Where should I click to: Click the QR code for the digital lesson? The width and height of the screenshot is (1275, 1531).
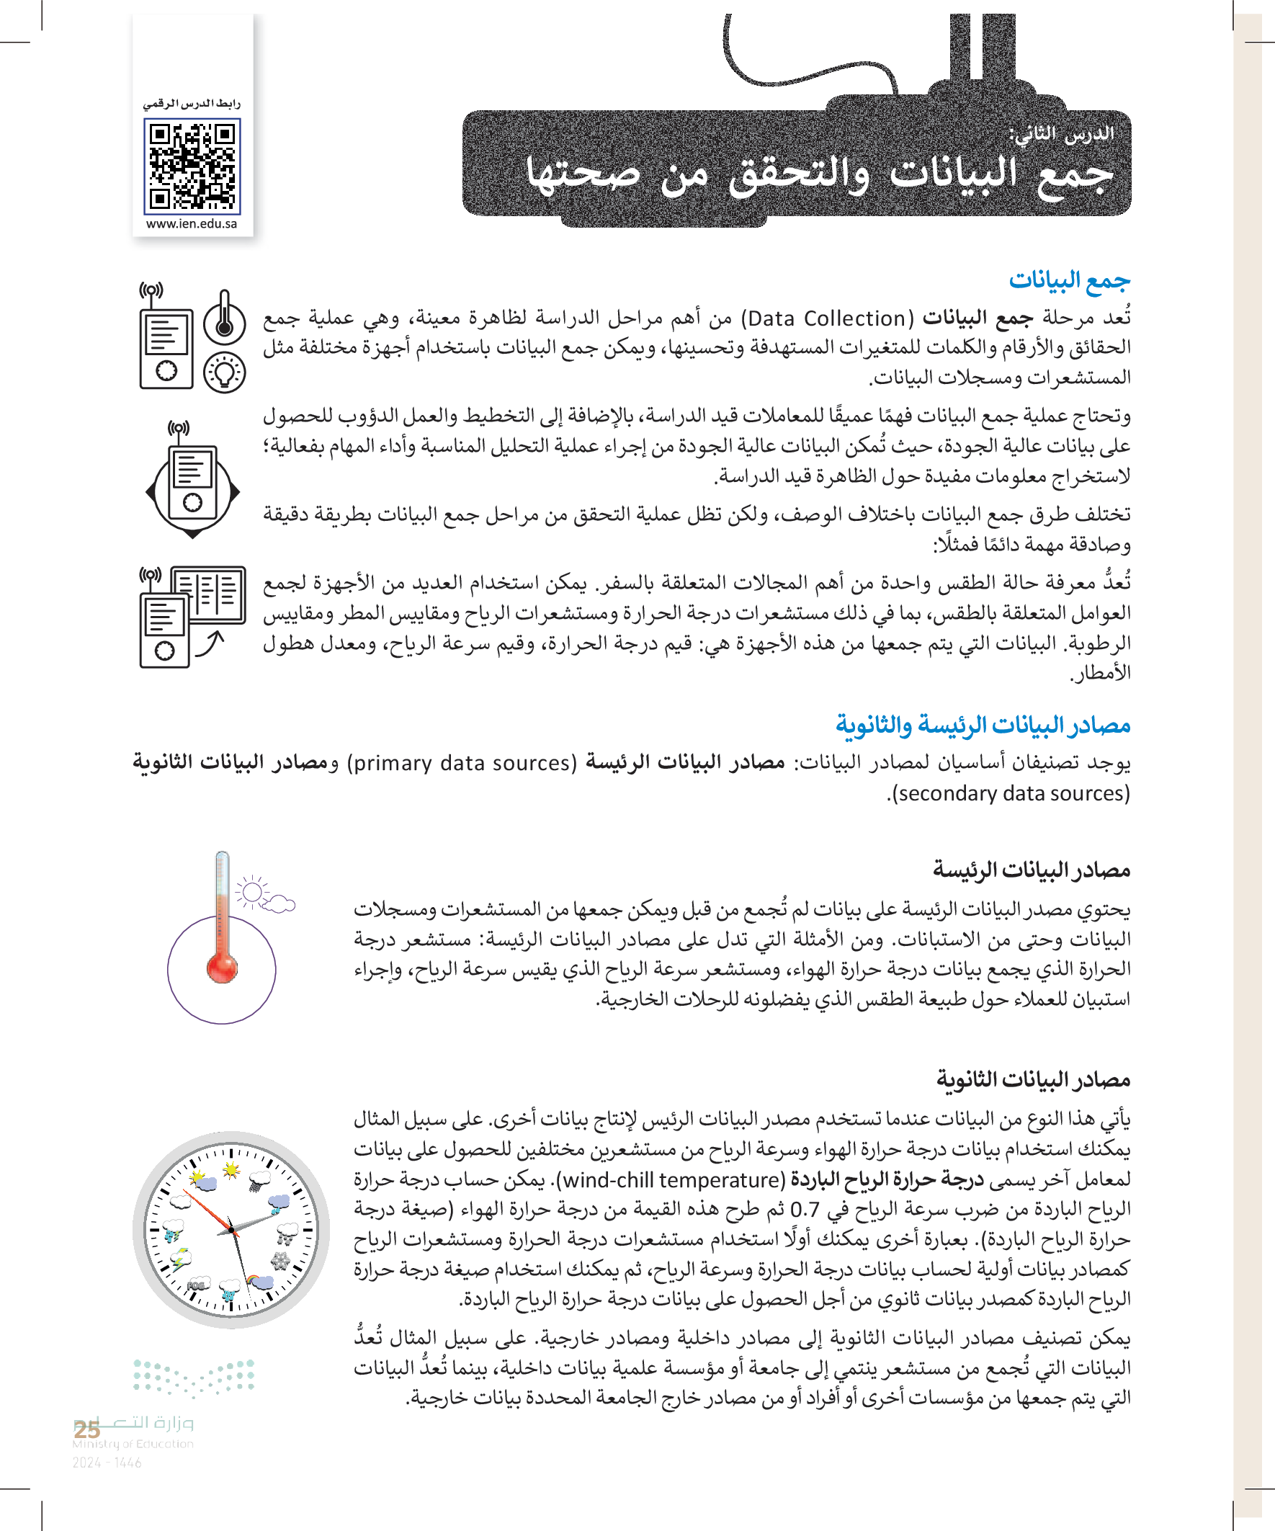coord(192,167)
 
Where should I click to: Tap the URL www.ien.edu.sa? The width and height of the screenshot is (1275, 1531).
coord(192,224)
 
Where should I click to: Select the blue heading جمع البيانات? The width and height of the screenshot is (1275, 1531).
coord(1069,281)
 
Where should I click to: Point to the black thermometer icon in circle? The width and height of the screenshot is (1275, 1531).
coord(225,318)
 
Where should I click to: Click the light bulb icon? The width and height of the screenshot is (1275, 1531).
coord(225,372)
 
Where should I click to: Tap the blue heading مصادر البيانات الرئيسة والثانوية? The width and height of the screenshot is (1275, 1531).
coord(983,726)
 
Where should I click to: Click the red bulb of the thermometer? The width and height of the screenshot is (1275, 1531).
coord(222,968)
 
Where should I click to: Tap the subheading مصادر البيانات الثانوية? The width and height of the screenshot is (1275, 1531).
coord(1033,1079)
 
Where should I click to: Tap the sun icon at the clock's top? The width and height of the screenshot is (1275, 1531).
coord(231,1170)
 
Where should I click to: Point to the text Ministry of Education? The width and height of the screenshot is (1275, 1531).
coord(133,1444)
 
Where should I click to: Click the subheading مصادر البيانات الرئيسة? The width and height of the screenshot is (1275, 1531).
coord(1032,870)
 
